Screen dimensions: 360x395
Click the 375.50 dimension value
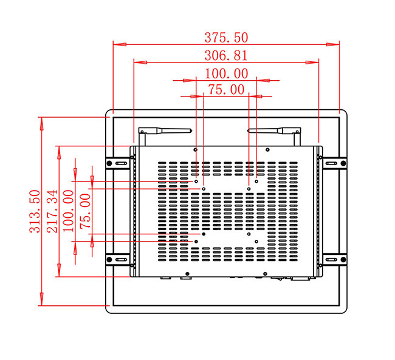pyautogui.click(x=226, y=37)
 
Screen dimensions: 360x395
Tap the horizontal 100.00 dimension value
pyautogui.click(x=226, y=73)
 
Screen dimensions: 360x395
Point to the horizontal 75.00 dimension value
pyautogui.click(x=226, y=89)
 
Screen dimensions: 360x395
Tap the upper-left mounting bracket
pyautogui.click(x=119, y=163)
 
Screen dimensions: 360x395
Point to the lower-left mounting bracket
pyautogui.click(x=119, y=259)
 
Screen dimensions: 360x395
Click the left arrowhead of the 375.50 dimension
pyautogui.click(x=117, y=43)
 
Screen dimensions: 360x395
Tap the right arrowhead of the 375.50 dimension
pyautogui.click(x=335, y=43)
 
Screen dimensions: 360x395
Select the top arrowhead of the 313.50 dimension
pyautogui.click(x=41, y=120)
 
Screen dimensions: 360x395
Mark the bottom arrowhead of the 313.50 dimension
pyautogui.click(x=41, y=301)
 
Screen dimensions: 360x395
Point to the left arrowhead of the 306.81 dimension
pyautogui.click(x=137, y=61)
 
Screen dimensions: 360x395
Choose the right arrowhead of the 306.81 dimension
pyautogui.click(x=315, y=61)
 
